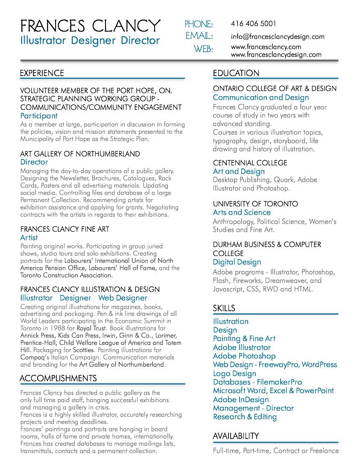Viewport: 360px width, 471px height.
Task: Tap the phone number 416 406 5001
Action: click(x=253, y=24)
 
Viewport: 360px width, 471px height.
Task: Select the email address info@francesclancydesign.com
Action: click(x=278, y=36)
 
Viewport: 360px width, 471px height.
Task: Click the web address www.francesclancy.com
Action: click(x=266, y=47)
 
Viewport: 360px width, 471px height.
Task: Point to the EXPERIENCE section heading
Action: click(x=42, y=73)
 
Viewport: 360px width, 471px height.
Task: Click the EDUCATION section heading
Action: click(x=236, y=73)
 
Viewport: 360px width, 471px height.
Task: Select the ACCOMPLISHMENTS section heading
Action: click(x=58, y=378)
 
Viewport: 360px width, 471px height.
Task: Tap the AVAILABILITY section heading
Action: click(x=236, y=436)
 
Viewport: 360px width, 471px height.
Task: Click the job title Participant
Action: click(x=39, y=115)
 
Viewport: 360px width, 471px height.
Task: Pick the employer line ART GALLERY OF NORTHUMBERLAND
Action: click(x=80, y=153)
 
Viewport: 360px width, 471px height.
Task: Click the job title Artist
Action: click(x=29, y=237)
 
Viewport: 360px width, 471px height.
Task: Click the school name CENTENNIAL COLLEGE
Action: click(x=250, y=163)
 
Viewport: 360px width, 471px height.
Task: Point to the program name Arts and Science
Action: click(x=242, y=212)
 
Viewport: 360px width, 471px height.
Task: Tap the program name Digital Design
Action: click(x=237, y=262)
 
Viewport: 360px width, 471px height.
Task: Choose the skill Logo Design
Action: click(x=234, y=373)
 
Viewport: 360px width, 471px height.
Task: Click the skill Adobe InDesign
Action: click(x=241, y=399)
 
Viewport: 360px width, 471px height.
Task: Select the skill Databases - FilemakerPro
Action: click(x=258, y=382)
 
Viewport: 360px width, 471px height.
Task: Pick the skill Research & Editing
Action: click(x=245, y=417)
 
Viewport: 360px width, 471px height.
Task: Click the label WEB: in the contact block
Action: click(x=203, y=49)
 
